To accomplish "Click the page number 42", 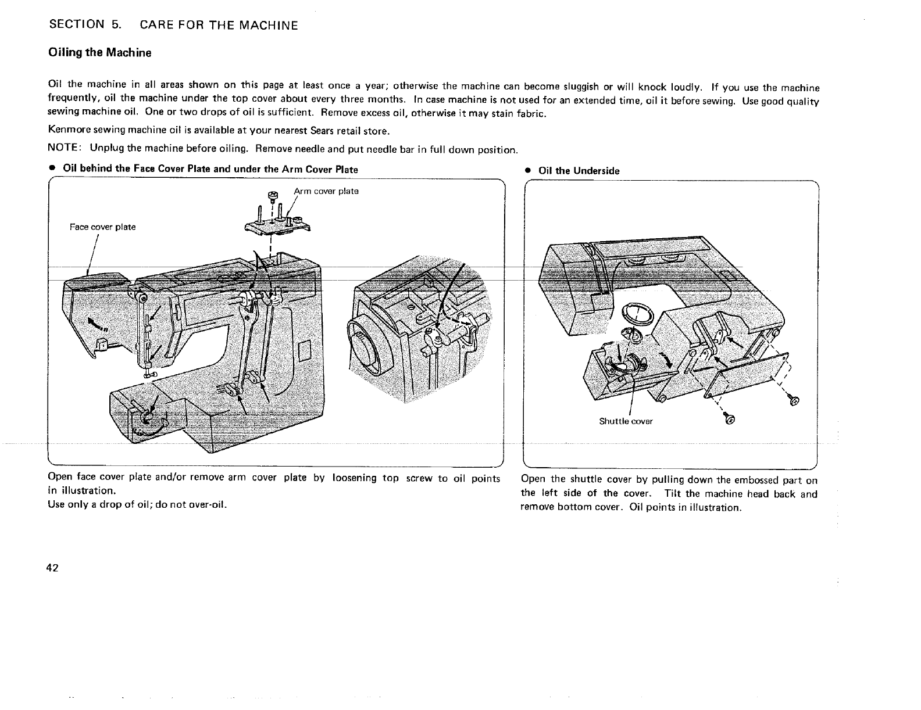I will pyautogui.click(x=52, y=568).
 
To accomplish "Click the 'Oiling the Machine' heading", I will pyautogui.click(x=100, y=53).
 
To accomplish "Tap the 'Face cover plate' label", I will pyautogui.click(x=102, y=227).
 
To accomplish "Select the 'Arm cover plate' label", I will pyautogui.click(x=326, y=191).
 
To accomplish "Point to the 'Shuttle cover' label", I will pyautogui.click(x=626, y=421).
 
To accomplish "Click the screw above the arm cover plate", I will pyautogui.click(x=269, y=196).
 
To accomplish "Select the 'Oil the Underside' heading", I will pyautogui.click(x=579, y=171).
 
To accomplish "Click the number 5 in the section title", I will pyautogui.click(x=115, y=25).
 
